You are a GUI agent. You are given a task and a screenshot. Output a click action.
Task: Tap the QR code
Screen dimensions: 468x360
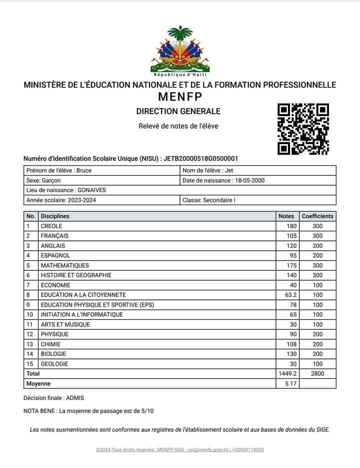303,129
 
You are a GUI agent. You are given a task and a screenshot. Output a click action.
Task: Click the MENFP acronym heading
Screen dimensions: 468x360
179,97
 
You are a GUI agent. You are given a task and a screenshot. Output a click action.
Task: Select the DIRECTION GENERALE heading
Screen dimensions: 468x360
178,111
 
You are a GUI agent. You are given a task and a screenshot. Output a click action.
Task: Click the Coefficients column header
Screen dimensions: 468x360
317,216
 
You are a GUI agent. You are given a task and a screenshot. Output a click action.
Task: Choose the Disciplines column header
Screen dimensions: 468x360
55,216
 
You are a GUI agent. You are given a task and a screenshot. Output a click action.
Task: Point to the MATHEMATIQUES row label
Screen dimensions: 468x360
64,265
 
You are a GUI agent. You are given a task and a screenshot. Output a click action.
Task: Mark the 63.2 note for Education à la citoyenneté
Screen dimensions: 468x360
290,295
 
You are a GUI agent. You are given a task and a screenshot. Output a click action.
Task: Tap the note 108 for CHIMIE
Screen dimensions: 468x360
291,344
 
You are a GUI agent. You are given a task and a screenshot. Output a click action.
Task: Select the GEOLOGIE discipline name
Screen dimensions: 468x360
54,364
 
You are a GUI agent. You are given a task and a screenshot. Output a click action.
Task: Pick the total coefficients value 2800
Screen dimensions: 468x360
317,373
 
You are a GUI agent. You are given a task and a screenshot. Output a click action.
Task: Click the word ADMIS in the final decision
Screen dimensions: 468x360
75,398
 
